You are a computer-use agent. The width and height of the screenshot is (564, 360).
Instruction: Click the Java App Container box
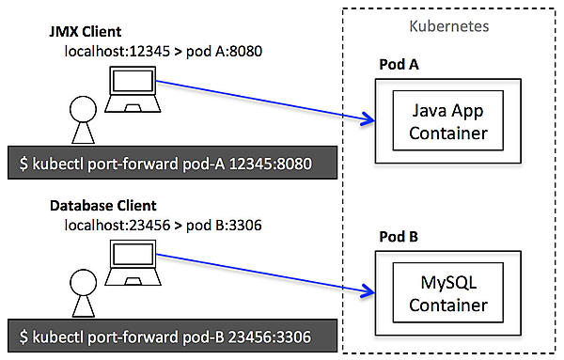coord(441,123)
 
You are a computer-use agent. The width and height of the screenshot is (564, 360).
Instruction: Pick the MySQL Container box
coord(441,294)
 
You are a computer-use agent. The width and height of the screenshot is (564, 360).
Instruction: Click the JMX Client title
coord(87,31)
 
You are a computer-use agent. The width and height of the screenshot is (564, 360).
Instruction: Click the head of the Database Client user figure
coord(79,279)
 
